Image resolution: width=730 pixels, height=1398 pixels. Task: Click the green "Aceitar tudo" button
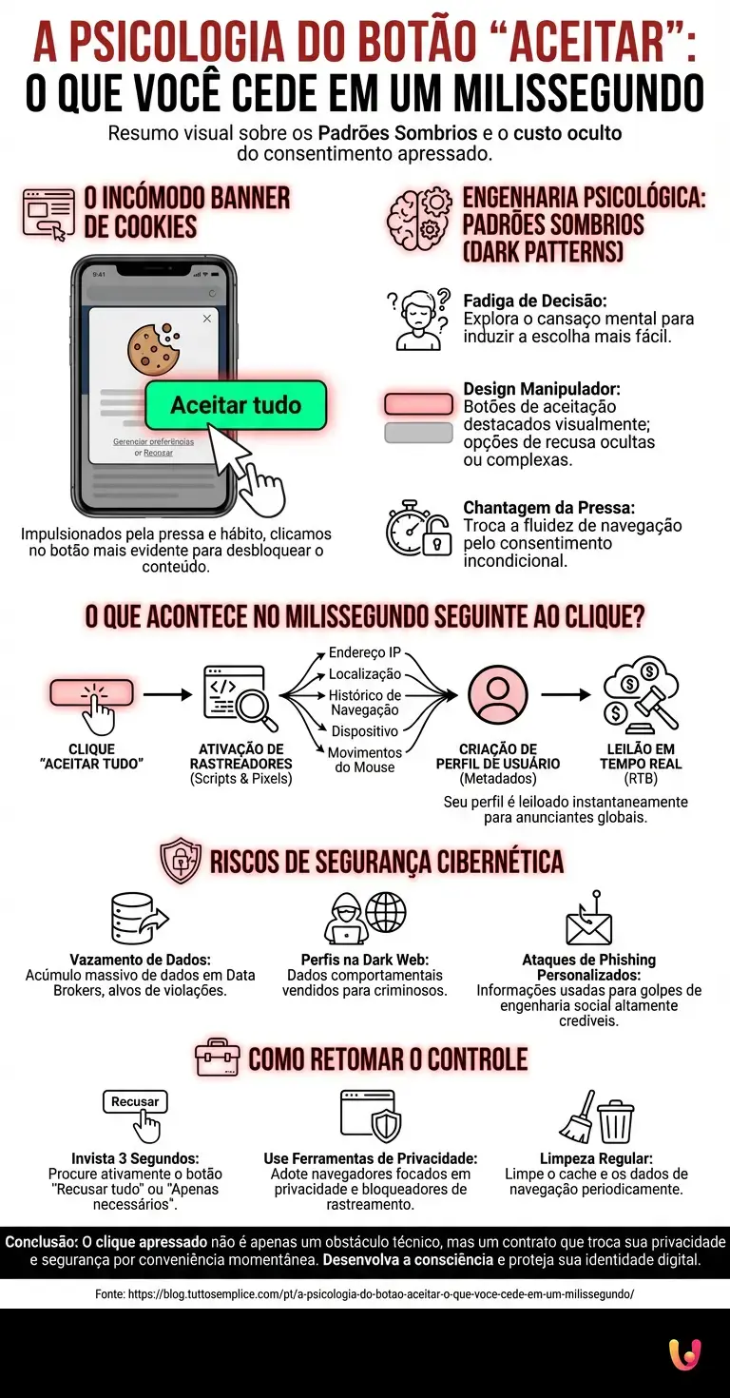pos(236,405)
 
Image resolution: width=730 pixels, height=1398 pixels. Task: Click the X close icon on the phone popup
pos(207,319)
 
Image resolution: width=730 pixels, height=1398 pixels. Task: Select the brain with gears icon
pos(418,219)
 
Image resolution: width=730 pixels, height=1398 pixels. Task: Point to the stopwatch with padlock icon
pos(417,528)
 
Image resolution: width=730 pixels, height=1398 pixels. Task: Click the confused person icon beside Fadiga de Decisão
pos(418,319)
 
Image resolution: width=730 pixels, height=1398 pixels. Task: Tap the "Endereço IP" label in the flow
pos(364,652)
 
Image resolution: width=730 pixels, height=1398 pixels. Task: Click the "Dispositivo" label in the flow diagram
pos(364,730)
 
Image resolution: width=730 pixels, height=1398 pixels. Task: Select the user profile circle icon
pos(498,694)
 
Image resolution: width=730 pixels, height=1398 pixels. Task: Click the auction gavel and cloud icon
pos(641,694)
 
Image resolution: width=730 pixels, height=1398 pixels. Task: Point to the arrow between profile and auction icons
pos(566,694)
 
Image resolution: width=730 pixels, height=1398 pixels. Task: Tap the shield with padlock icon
pos(181,861)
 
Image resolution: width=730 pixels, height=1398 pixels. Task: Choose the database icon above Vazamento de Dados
pos(140,919)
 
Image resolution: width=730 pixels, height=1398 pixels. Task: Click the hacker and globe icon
pos(365,918)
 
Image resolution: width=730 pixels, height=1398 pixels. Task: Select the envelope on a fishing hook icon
pos(589,918)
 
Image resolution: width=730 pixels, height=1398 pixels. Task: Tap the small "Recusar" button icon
pos(135,1101)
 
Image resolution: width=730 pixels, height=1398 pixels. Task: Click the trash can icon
pos(617,1120)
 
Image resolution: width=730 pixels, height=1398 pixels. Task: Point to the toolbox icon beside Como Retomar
pos(217,1058)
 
